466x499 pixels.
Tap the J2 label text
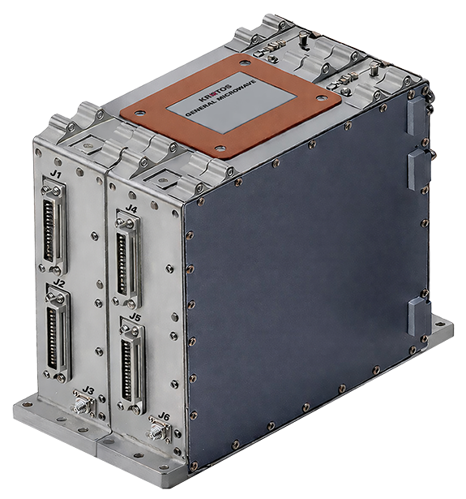[x=58, y=284]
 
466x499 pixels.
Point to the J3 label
[x=88, y=391]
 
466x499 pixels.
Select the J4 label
[x=131, y=209]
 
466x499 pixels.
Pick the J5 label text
[x=135, y=317]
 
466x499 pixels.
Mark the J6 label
[x=164, y=417]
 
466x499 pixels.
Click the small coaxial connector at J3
[x=80, y=405]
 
